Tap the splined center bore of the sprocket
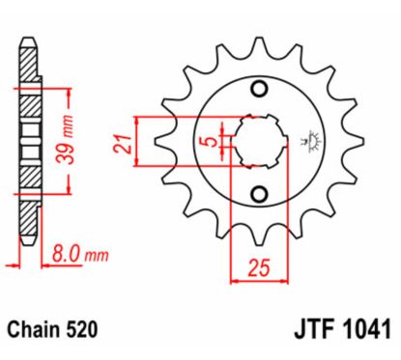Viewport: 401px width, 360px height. (x=257, y=142)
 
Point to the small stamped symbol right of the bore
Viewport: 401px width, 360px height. (x=312, y=142)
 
